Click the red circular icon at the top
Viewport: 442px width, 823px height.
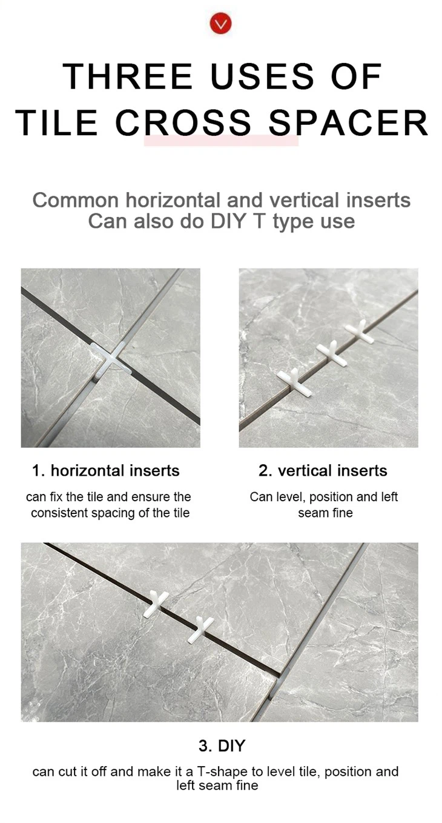[220, 24]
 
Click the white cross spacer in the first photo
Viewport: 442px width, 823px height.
[110, 358]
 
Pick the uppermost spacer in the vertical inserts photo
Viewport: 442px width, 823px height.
[360, 332]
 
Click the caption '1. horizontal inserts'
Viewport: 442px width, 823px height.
[106, 470]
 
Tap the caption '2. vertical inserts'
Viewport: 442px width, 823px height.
[323, 470]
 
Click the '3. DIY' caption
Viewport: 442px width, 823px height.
[222, 745]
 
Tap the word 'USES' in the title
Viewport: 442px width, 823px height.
[262, 76]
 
